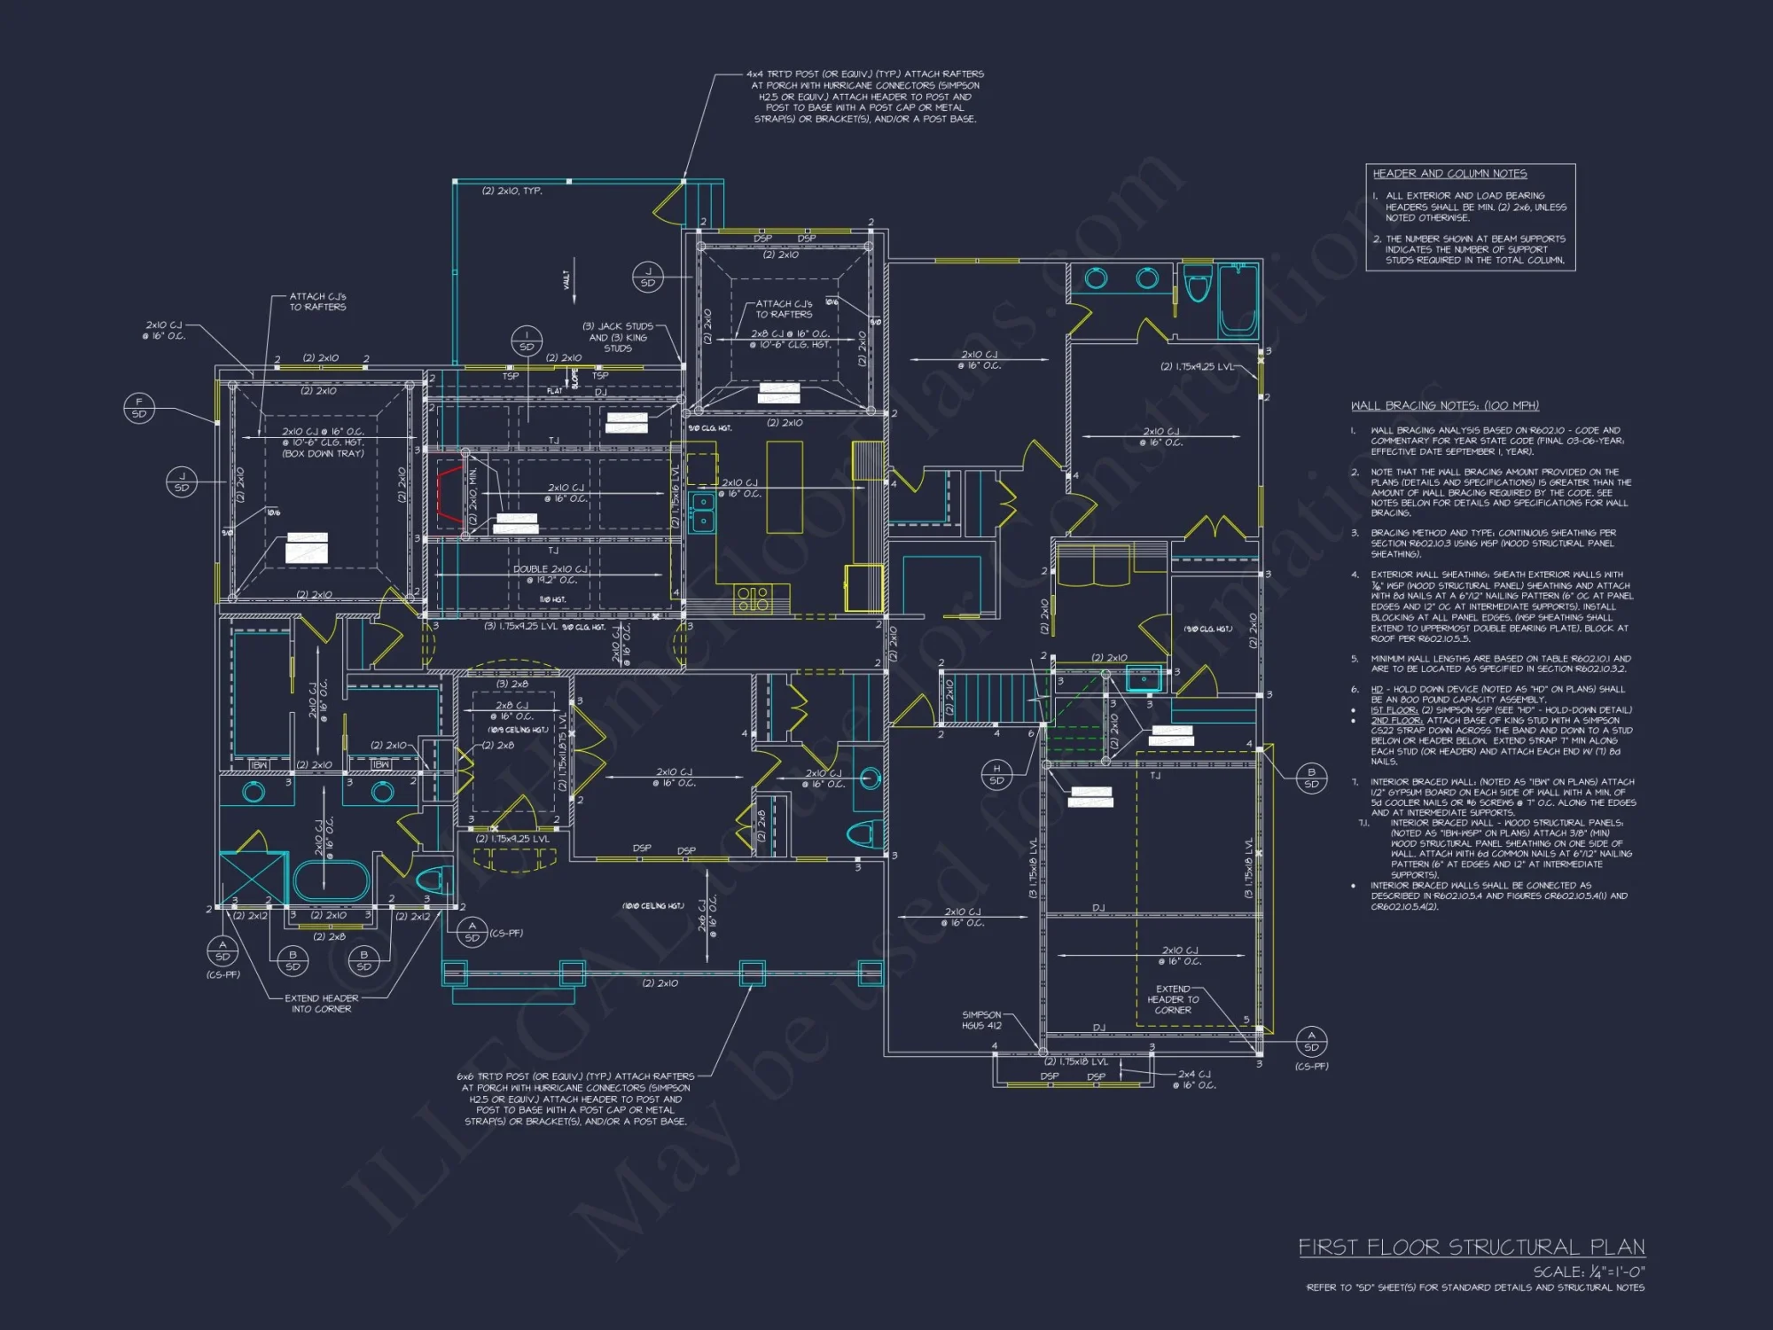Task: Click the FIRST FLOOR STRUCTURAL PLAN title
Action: (x=1472, y=1248)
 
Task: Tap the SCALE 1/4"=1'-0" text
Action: (x=1589, y=1271)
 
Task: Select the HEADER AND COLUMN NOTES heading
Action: (x=1449, y=174)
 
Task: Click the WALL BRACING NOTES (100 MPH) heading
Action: (x=1444, y=406)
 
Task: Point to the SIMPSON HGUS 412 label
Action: (x=981, y=1021)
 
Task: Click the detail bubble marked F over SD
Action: (x=139, y=408)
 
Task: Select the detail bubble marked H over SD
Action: (x=996, y=775)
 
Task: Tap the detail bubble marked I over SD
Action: (x=527, y=340)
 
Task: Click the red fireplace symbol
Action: (x=449, y=496)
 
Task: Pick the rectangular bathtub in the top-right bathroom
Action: (x=1238, y=301)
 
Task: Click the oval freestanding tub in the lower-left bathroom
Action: (x=331, y=880)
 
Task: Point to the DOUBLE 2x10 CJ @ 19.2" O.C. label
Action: (x=550, y=575)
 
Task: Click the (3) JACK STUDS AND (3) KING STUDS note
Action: (x=618, y=337)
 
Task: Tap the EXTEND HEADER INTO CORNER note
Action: (x=321, y=1004)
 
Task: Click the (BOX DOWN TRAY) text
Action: (x=323, y=454)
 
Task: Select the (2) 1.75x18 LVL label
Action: (x=1075, y=1061)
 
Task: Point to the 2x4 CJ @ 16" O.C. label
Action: (x=1196, y=1079)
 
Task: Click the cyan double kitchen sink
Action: (x=703, y=512)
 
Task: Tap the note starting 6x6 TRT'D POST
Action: (x=575, y=1099)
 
